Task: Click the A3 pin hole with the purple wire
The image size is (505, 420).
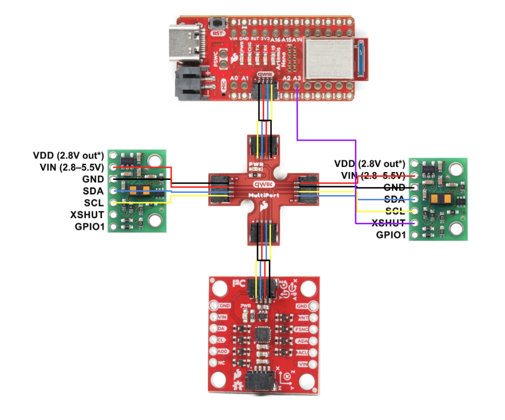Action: coord(297,87)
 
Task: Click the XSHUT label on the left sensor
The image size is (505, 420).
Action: coord(86,214)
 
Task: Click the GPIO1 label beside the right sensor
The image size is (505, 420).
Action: coord(391,235)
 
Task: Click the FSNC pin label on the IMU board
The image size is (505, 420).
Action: coord(302,330)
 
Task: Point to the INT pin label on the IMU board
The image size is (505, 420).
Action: coord(303,317)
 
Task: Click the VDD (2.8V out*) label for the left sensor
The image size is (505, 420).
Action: coord(68,155)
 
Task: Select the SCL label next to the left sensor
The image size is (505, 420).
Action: coord(94,202)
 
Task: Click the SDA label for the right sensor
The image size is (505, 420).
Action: coord(394,199)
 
